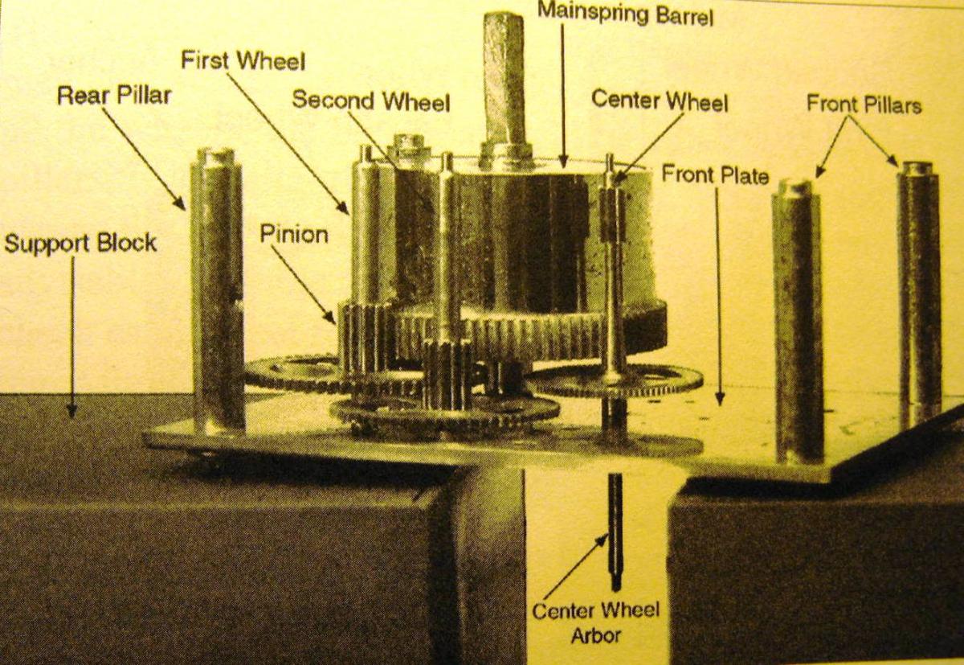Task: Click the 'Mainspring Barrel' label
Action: [x=625, y=14]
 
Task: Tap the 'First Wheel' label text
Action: [x=243, y=61]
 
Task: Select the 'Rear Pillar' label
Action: [x=114, y=96]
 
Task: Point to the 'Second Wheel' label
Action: [x=371, y=101]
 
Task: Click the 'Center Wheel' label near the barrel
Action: [x=660, y=101]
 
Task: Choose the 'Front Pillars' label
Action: [x=864, y=105]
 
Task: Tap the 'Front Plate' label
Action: [x=715, y=174]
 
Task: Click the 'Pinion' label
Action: [x=294, y=235]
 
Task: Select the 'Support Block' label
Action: [x=80, y=244]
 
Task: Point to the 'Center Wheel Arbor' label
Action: [x=595, y=623]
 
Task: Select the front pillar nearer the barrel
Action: [x=798, y=321]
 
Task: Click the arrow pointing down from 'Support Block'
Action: [x=71, y=337]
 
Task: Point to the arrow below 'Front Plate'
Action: [x=717, y=297]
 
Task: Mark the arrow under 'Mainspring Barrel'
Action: [x=562, y=96]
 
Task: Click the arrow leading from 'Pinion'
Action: [x=304, y=285]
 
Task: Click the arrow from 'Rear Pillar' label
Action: [x=144, y=159]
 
